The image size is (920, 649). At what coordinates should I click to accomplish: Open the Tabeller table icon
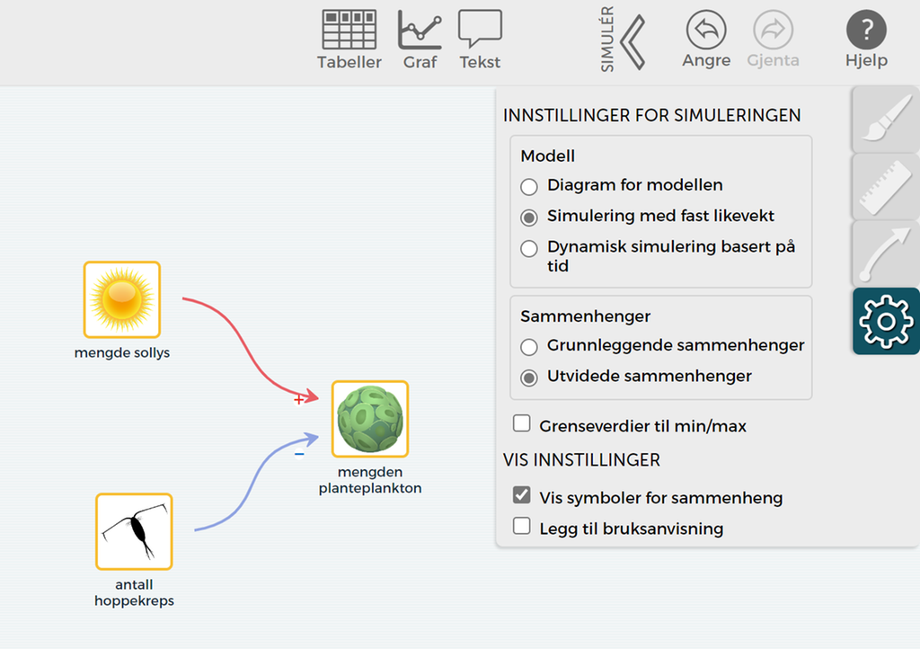(x=349, y=30)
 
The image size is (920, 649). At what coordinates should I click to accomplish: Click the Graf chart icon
(x=420, y=30)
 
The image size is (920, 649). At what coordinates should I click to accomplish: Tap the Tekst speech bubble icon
(x=480, y=30)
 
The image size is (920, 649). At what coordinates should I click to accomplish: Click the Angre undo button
(x=706, y=31)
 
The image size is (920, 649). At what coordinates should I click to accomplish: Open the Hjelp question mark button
(x=866, y=31)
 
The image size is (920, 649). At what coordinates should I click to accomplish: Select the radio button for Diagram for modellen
(x=530, y=187)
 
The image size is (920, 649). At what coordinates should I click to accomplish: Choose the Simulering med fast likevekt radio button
(x=530, y=218)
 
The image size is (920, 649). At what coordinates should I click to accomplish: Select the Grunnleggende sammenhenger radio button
(x=530, y=347)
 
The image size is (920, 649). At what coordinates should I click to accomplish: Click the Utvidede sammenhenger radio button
(x=530, y=378)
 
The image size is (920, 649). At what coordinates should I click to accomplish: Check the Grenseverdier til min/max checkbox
(x=522, y=424)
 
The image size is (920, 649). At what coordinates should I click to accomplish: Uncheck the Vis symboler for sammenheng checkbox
(x=522, y=496)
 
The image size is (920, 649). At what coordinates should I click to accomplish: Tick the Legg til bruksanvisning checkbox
(x=522, y=527)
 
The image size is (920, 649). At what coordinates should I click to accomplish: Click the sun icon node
(x=122, y=299)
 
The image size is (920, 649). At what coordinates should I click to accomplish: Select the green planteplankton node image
(x=370, y=419)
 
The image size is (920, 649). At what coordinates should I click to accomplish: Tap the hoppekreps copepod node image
(x=134, y=531)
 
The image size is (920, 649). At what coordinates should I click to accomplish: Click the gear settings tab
(x=886, y=321)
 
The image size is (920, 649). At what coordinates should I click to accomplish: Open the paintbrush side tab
(x=886, y=120)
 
